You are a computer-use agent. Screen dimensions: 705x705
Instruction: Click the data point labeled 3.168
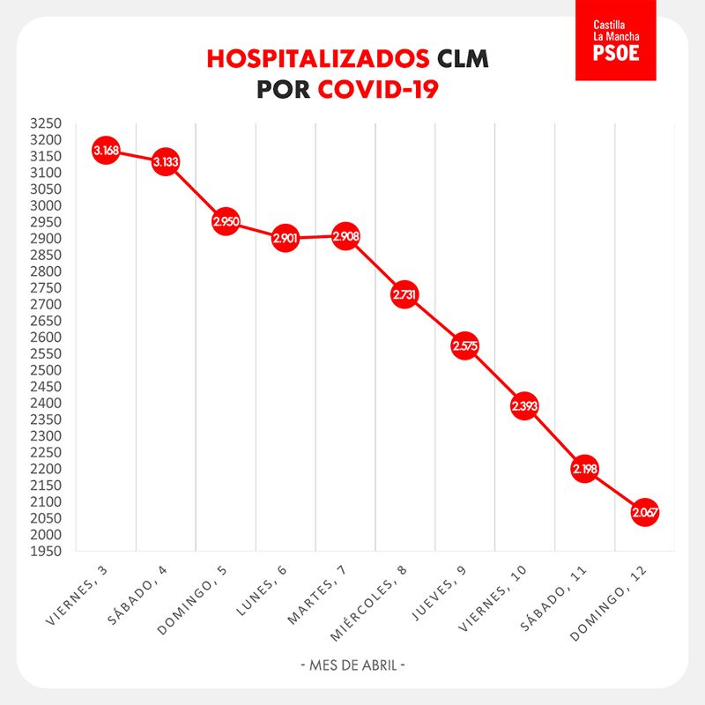[x=106, y=151]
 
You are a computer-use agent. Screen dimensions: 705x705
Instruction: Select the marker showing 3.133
[x=166, y=162]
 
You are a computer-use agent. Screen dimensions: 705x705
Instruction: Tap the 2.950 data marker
[x=226, y=222]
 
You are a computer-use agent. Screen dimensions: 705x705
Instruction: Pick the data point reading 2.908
[x=345, y=236]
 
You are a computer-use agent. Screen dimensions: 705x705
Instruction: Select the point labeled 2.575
[x=465, y=346]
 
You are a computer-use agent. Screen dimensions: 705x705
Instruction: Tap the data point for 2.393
[x=524, y=406]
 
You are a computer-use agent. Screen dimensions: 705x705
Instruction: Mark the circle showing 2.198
[x=584, y=470]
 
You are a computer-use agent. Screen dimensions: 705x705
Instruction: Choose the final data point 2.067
[x=644, y=513]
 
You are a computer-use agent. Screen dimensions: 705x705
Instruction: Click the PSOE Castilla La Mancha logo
[x=616, y=41]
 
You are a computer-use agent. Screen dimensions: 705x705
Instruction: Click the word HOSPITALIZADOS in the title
[x=318, y=59]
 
